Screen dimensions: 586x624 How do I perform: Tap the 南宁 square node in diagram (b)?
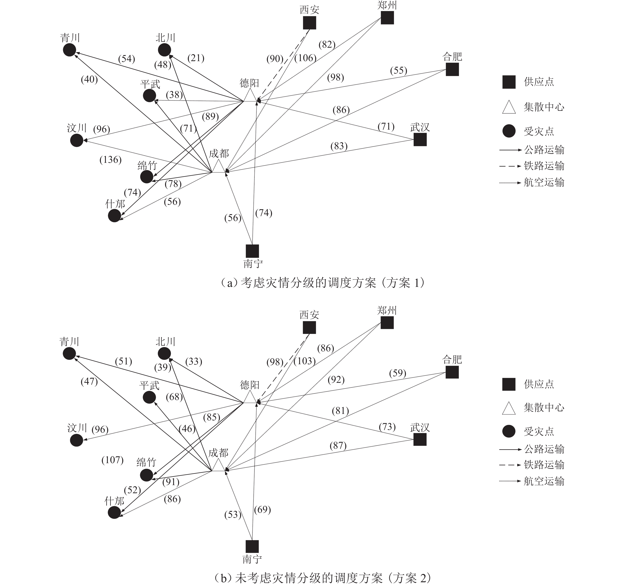point(252,546)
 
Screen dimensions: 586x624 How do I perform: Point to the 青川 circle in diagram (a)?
point(69,50)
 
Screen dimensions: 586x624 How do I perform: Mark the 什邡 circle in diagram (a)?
point(114,216)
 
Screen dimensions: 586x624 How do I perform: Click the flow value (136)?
point(111,160)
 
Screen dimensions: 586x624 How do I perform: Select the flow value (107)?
point(112,460)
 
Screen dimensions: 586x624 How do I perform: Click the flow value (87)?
point(338,446)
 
